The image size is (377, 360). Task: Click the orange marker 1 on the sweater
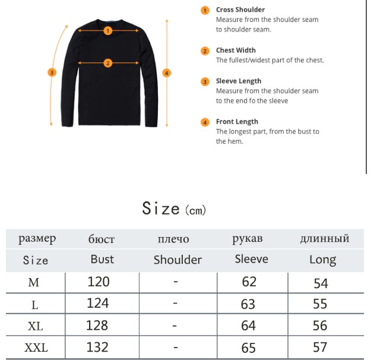pos(108,30)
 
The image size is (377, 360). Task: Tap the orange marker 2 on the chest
pos(108,63)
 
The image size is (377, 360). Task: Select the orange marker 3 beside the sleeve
pos(52,72)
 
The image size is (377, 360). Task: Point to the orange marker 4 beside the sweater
pos(167,73)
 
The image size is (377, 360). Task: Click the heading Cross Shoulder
pos(240,10)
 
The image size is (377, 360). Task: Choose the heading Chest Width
pos(236,50)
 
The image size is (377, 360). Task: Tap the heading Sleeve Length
pos(238,81)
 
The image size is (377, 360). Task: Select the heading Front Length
pos(237,122)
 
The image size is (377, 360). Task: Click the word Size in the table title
pos(161,209)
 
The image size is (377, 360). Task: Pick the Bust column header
pos(102,260)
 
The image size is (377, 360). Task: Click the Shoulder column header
pos(178,260)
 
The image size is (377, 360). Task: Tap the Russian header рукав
pos(247,239)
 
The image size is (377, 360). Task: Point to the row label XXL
pos(36,348)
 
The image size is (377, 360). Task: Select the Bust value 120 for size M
pos(99,282)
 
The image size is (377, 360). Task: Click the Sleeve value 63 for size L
pos(248,304)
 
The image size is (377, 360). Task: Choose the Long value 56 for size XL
pos(320,326)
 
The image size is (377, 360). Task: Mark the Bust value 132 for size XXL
pos(98,346)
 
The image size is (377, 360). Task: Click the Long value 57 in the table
pos(320,347)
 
